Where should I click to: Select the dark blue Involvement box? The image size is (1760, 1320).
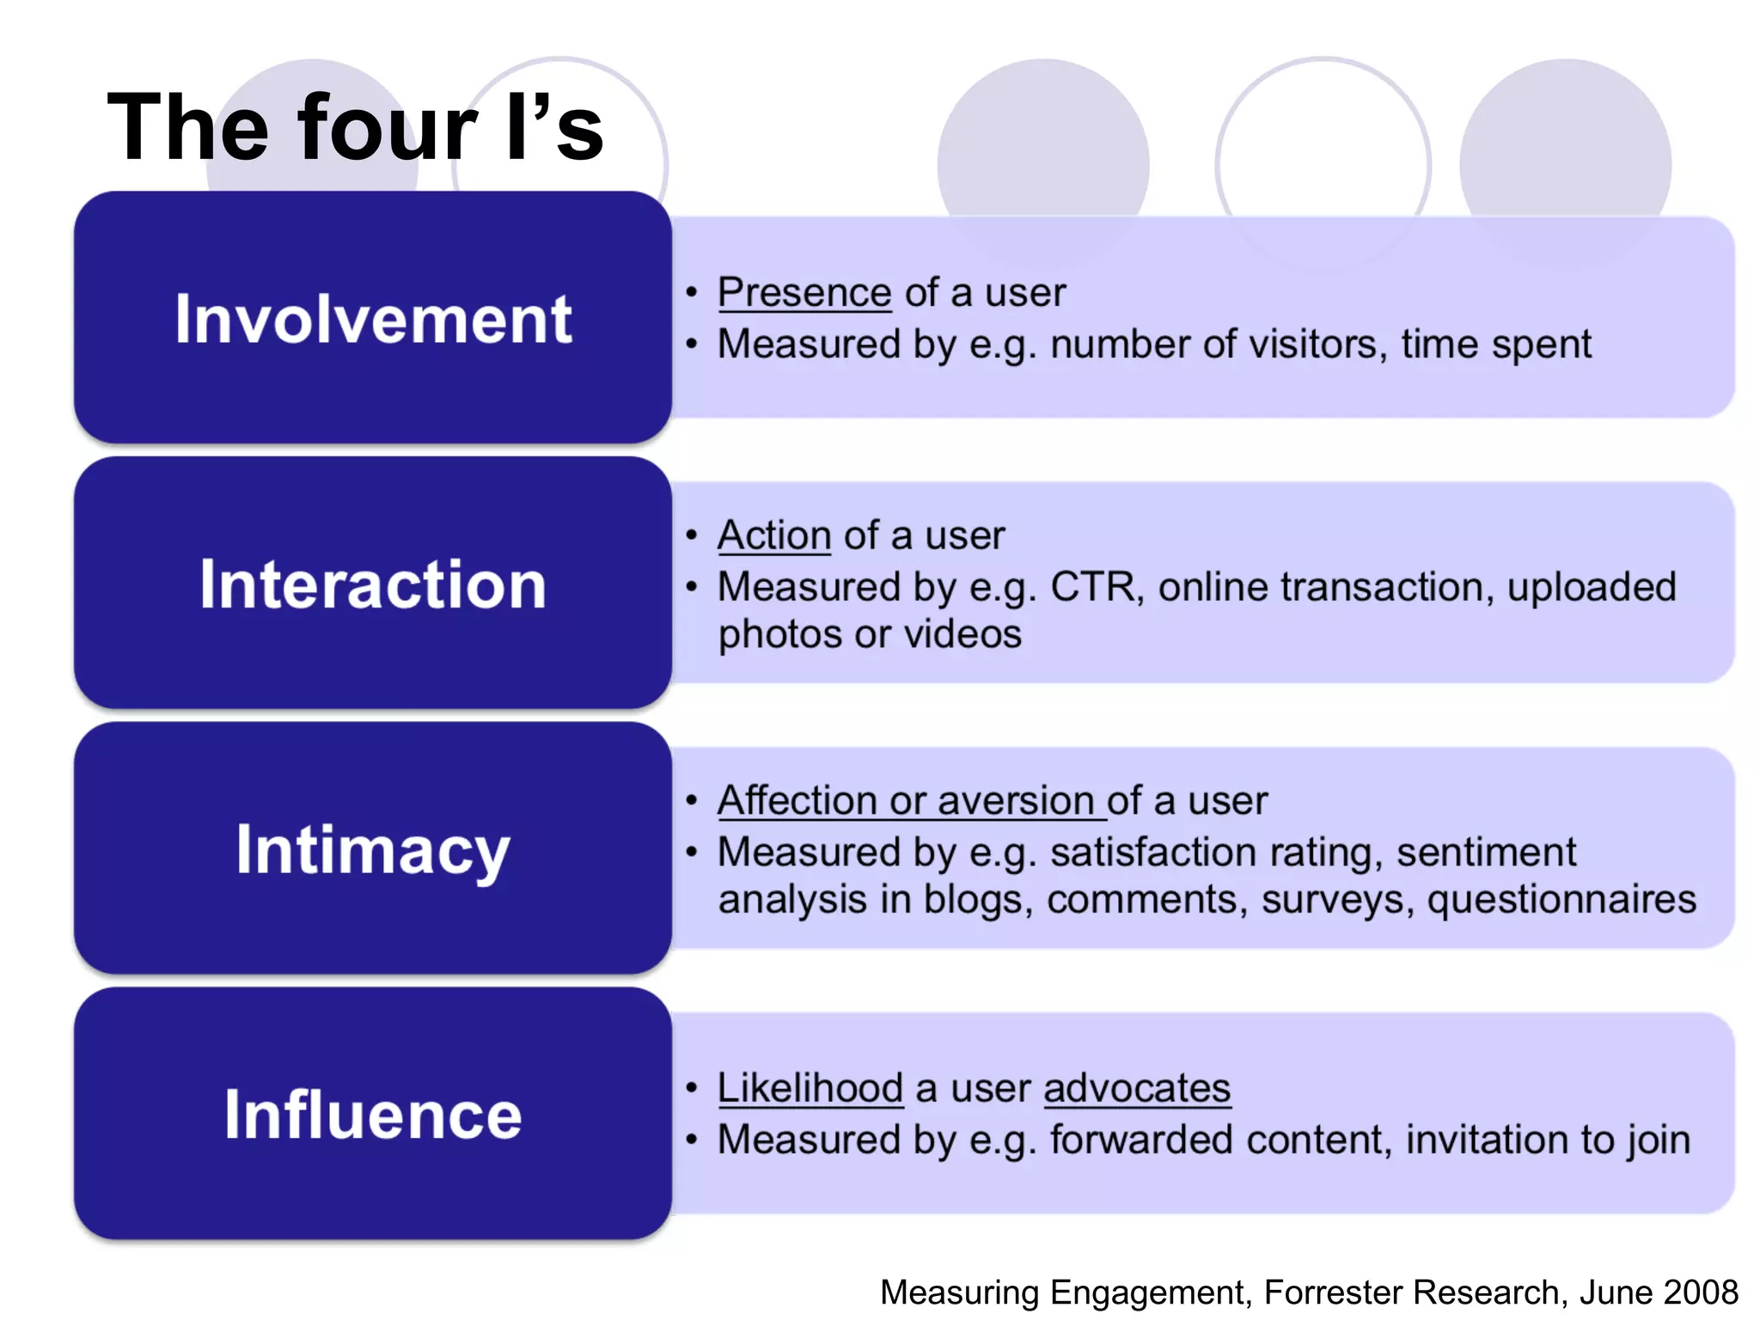tap(372, 317)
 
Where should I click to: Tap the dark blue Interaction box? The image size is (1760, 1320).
tap(372, 583)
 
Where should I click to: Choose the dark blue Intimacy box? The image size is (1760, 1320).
tap(372, 848)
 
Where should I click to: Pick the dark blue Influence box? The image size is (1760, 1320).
tap(372, 1114)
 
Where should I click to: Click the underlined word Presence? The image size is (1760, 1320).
tap(804, 293)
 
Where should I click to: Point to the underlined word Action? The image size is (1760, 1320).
tap(773, 535)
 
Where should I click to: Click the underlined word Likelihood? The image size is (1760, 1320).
tap(810, 1088)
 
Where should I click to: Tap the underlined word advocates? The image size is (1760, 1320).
tap(1137, 1088)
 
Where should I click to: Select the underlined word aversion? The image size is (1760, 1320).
tap(1015, 801)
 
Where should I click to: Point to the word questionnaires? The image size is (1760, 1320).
tap(1561, 900)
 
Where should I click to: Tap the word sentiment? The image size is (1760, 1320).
tap(1486, 852)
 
